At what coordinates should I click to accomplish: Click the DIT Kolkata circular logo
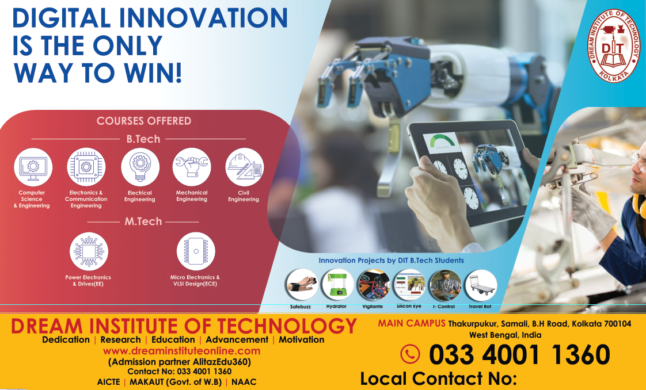click(613, 45)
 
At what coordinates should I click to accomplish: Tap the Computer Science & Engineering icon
click(33, 167)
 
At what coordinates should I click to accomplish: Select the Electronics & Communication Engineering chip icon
click(86, 167)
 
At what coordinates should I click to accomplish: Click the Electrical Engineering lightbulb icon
click(140, 167)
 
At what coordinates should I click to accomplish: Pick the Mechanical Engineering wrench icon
click(192, 167)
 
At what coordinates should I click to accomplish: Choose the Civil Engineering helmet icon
click(244, 167)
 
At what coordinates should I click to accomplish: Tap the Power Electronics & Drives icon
click(89, 251)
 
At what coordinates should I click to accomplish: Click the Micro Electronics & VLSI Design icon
click(196, 251)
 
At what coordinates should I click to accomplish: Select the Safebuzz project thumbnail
click(302, 285)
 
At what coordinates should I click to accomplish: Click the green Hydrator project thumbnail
click(337, 285)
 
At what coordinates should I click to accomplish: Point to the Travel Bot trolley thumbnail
click(481, 285)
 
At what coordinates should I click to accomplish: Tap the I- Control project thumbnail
click(445, 285)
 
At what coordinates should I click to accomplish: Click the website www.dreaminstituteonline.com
click(182, 351)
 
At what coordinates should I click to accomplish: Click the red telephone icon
click(410, 354)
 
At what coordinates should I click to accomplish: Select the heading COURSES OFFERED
click(144, 121)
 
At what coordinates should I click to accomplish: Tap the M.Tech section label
click(143, 221)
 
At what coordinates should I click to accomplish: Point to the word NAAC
click(244, 382)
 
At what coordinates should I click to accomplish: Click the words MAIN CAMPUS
click(412, 323)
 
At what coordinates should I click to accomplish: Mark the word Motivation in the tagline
click(302, 340)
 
